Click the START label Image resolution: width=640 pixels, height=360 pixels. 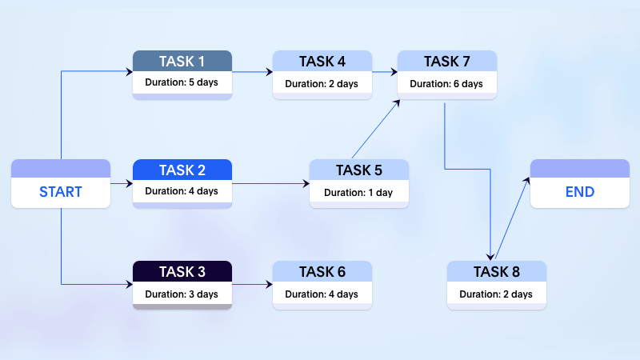tap(61, 192)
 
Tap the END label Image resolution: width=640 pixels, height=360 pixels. tap(579, 192)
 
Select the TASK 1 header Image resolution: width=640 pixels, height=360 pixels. tap(182, 61)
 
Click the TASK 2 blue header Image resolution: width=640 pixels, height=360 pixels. tap(182, 170)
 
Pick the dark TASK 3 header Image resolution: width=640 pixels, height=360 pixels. tap(182, 271)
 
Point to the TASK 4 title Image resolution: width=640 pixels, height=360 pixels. tap(322, 61)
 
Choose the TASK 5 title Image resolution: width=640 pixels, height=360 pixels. tap(359, 170)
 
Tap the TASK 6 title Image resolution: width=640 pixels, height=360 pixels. tap(322, 271)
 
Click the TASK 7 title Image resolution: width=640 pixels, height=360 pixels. tap(447, 61)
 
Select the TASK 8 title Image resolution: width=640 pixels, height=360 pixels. tap(497, 271)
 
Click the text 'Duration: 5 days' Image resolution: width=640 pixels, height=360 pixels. tap(182, 82)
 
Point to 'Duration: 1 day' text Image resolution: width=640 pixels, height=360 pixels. tap(359, 192)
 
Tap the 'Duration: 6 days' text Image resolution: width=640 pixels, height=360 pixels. tap(447, 83)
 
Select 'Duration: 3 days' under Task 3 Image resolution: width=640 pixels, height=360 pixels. tap(182, 294)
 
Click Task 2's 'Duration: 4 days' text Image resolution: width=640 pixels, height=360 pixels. tap(182, 191)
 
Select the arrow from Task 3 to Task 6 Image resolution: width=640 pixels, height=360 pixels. tap(252, 284)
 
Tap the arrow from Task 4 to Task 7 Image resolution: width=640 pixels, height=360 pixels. tap(385, 72)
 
